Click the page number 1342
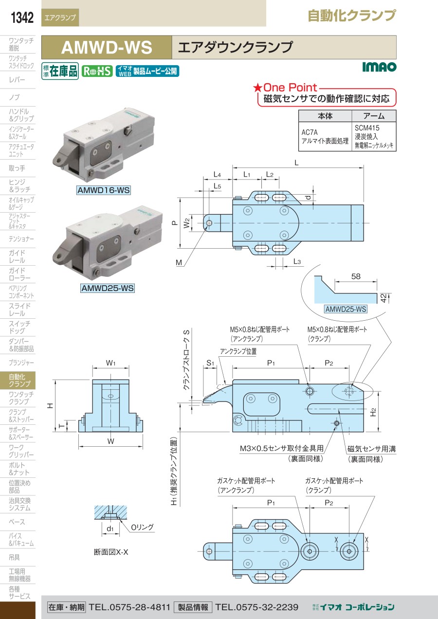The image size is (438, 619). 22,18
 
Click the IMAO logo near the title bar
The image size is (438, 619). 379,67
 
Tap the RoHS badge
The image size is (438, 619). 97,71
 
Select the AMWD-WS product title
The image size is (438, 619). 107,48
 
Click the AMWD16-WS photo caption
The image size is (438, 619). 104,191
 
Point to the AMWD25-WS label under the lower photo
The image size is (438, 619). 107,288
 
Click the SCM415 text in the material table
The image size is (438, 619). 367,127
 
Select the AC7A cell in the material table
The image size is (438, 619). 310,132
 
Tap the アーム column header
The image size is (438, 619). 374,116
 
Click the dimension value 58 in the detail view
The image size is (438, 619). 356,276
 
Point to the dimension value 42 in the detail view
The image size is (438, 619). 383,297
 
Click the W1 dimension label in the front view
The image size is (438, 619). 110,363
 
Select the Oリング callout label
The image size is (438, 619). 142,527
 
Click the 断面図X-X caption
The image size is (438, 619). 111,552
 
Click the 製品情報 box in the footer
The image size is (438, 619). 193,607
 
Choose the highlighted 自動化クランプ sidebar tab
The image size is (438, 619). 19,380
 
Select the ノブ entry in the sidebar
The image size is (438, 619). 14,97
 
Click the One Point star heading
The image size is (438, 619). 285,88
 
